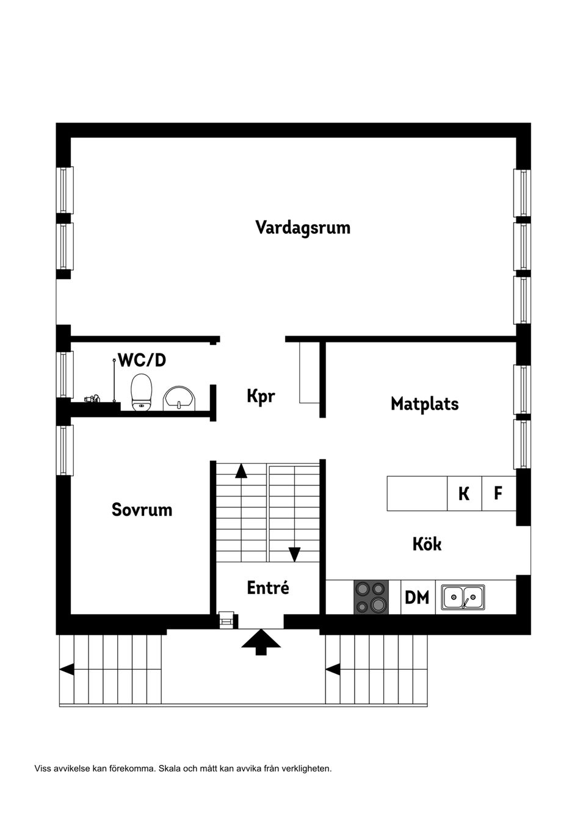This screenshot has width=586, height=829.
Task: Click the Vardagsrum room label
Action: click(x=303, y=228)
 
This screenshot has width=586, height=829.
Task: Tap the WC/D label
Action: click(x=142, y=360)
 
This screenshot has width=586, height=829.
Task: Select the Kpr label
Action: click(x=261, y=396)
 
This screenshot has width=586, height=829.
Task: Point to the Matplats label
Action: click(x=424, y=404)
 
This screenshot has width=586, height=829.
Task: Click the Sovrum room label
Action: click(x=142, y=510)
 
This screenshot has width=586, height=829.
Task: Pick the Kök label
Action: click(x=427, y=544)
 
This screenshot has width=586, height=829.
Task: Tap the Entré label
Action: click(x=268, y=588)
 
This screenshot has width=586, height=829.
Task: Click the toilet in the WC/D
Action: click(x=142, y=393)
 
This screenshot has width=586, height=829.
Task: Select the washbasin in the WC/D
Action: click(x=178, y=399)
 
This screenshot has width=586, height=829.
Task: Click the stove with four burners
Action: click(x=371, y=597)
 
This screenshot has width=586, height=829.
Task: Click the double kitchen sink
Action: click(x=463, y=597)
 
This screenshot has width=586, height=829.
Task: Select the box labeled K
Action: click(x=464, y=493)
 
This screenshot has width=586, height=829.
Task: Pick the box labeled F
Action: click(x=498, y=493)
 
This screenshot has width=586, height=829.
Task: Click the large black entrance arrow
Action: click(x=261, y=642)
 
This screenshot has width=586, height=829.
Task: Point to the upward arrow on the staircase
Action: click(x=241, y=470)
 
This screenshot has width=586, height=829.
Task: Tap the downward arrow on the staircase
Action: click(x=295, y=554)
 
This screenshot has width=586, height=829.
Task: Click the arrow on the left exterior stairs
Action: click(x=67, y=670)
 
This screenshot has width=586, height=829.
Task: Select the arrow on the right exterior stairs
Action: click(x=333, y=670)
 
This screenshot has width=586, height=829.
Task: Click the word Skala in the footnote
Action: click(x=169, y=769)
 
